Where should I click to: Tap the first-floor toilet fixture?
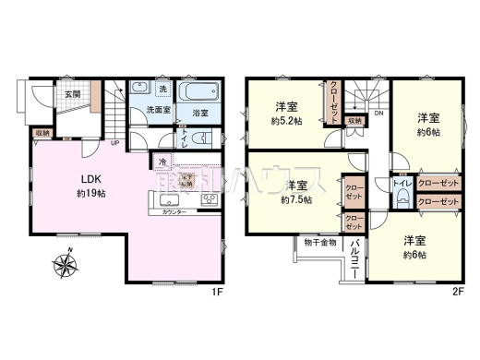[206, 139]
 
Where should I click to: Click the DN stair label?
[378, 114]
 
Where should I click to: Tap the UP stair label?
[114, 143]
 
